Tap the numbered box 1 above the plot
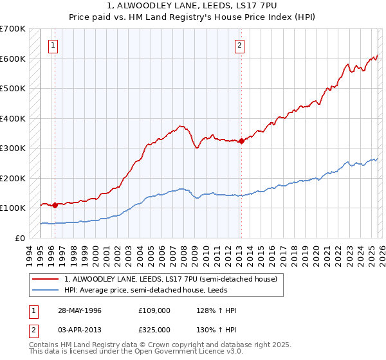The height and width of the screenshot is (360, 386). point(52,45)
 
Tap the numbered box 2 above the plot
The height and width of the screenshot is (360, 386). point(239,45)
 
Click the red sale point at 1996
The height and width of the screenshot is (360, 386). point(55,206)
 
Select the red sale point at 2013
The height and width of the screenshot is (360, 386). point(241,141)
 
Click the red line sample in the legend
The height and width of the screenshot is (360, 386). point(46,280)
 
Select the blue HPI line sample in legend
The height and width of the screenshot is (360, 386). point(46,291)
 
